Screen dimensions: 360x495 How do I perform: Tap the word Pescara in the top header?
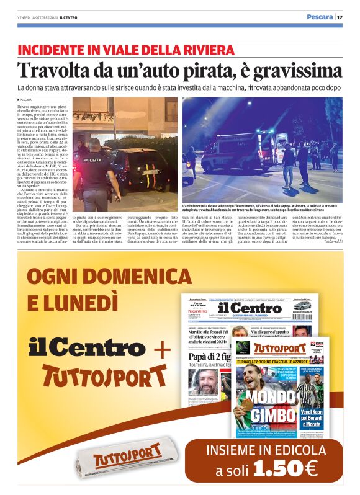point(319,17)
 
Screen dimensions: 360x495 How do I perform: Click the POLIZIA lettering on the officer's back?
point(93,159)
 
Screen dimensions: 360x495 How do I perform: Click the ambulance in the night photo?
point(239,152)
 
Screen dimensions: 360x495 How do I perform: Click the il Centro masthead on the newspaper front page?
point(248,308)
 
